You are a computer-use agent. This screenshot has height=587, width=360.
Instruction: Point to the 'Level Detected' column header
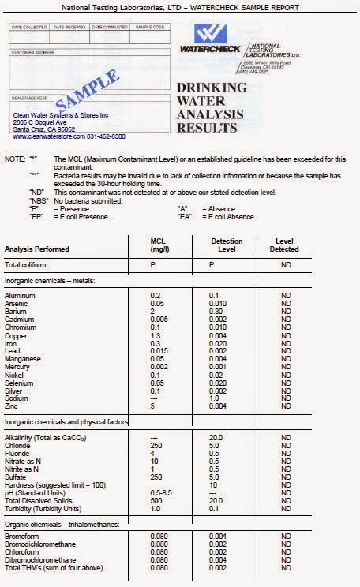point(288,245)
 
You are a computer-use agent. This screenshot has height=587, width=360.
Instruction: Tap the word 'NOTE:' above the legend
point(15,159)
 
